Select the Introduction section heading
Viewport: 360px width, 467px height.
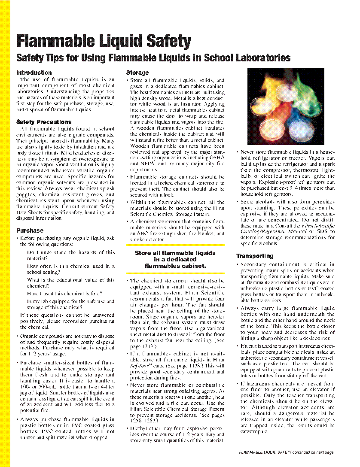click(x=34, y=73)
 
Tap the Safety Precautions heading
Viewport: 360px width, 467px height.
click(x=44, y=122)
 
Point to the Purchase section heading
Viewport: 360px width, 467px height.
click(x=30, y=230)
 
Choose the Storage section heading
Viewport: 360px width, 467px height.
click(x=137, y=73)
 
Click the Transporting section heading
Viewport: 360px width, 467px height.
click(x=255, y=256)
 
